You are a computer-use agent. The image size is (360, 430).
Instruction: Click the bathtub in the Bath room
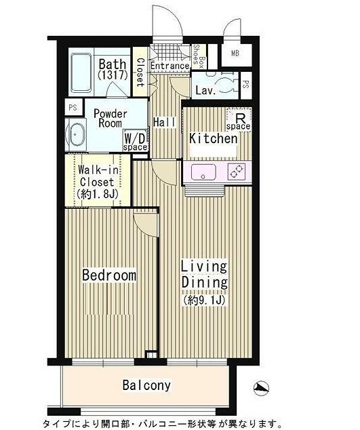coord(81,73)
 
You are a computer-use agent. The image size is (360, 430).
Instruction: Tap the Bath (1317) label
coord(113,69)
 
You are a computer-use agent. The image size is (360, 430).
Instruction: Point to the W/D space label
coord(135,142)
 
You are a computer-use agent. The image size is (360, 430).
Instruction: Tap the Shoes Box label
coord(199,57)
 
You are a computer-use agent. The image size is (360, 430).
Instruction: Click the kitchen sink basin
coord(203,172)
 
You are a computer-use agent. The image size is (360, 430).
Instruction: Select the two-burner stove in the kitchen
coord(237,170)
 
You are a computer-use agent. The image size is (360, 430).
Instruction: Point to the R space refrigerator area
coord(239,120)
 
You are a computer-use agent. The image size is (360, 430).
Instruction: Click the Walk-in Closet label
coord(98,182)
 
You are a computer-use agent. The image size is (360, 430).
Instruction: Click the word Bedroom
coord(109,275)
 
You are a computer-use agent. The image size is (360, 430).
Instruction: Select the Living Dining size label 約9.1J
coord(204,301)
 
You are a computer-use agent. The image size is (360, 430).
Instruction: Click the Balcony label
coord(146,385)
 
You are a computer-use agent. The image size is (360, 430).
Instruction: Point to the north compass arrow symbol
coord(261,388)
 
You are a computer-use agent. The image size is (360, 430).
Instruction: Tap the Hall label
coord(164,122)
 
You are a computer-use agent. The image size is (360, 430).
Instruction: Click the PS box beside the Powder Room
coord(73,107)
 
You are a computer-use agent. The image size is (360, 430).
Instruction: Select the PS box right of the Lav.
coord(246,85)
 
